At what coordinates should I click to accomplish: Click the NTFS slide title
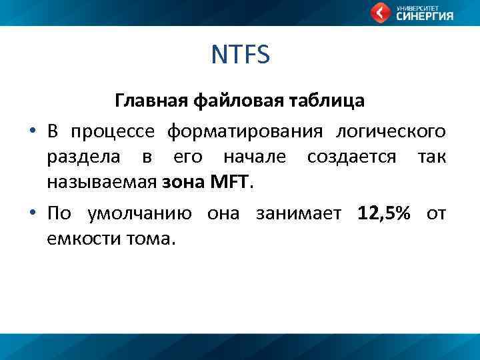pyautogui.click(x=240, y=55)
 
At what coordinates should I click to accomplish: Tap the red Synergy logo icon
pyautogui.click(x=381, y=12)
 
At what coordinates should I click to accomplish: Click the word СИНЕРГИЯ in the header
pyautogui.click(x=425, y=17)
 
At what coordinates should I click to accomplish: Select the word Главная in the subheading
pyautogui.click(x=152, y=101)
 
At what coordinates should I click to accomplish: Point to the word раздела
pyautogui.click(x=84, y=157)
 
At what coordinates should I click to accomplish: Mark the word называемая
pyautogui.click(x=102, y=181)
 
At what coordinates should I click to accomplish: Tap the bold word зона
pyautogui.click(x=181, y=181)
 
